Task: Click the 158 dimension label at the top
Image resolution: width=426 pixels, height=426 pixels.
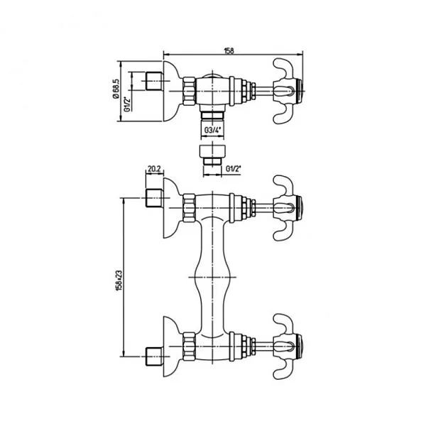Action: coord(229,50)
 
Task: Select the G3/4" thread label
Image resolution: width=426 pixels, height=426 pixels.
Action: coord(212,130)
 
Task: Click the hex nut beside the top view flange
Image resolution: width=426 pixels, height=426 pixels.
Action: coord(188,92)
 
